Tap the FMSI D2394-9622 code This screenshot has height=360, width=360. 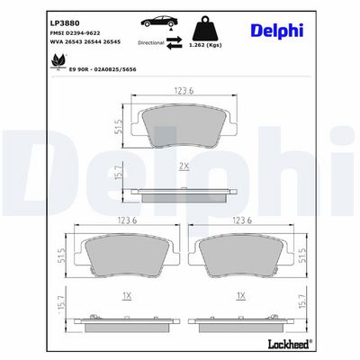tap(75, 33)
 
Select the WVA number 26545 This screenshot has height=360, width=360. tap(112, 42)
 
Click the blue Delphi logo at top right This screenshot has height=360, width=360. tap(277, 31)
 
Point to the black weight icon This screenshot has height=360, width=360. tap(205, 28)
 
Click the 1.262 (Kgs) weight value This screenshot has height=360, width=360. tap(205, 45)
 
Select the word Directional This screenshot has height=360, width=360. tap(151, 43)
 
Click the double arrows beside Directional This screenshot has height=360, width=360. tap(175, 42)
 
